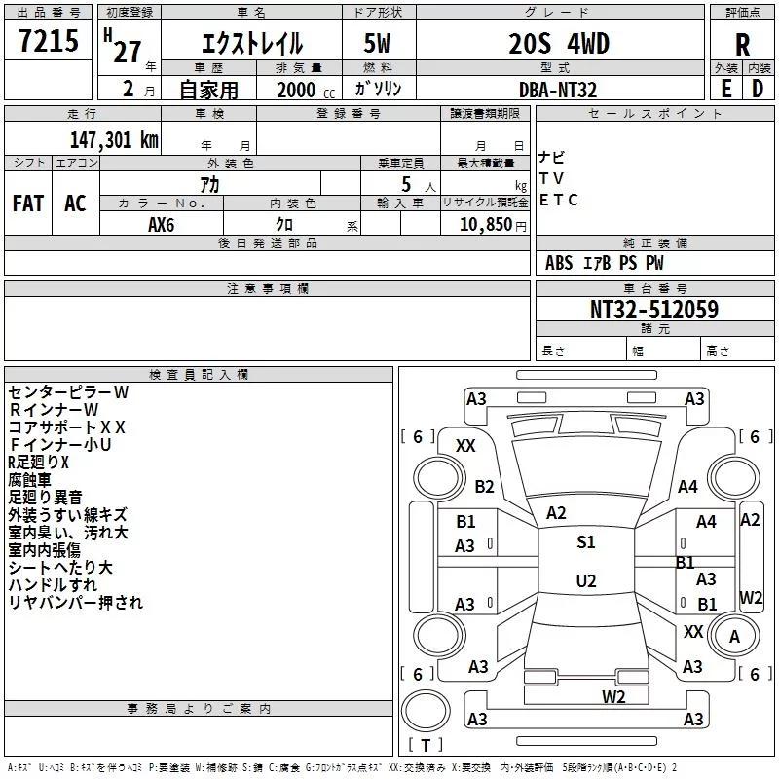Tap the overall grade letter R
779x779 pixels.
(742, 45)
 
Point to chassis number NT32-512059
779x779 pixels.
(654, 310)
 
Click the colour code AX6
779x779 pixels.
(162, 223)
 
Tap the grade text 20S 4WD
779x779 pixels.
(559, 45)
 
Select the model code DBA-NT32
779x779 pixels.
(558, 90)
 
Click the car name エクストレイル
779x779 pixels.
(251, 45)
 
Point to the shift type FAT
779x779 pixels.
(28, 204)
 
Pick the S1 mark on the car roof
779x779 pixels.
(586, 542)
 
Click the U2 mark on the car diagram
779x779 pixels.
(586, 580)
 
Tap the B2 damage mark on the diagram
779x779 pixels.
(485, 487)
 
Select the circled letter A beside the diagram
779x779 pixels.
(735, 636)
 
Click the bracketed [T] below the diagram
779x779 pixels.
(426, 746)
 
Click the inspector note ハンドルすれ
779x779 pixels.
(53, 584)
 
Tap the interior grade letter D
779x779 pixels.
(758, 89)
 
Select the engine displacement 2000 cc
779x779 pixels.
(298, 90)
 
